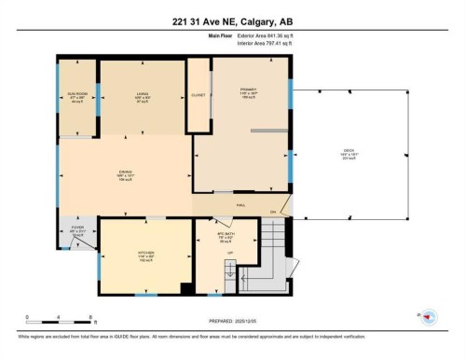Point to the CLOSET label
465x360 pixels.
[198, 95]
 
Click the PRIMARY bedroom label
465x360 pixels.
[248, 90]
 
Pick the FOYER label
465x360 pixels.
[77, 229]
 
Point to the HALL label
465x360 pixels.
[239, 203]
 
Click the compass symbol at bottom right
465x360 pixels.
[429, 317]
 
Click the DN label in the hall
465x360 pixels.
[273, 213]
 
